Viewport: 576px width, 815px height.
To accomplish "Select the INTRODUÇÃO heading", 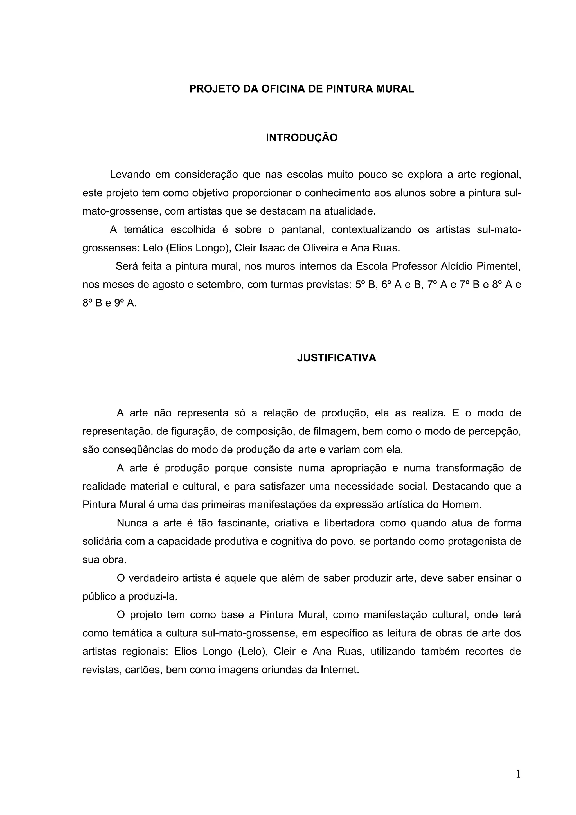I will [x=302, y=138].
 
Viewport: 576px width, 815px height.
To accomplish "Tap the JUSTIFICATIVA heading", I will [x=336, y=358].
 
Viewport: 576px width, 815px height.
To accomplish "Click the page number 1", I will [x=518, y=774].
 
